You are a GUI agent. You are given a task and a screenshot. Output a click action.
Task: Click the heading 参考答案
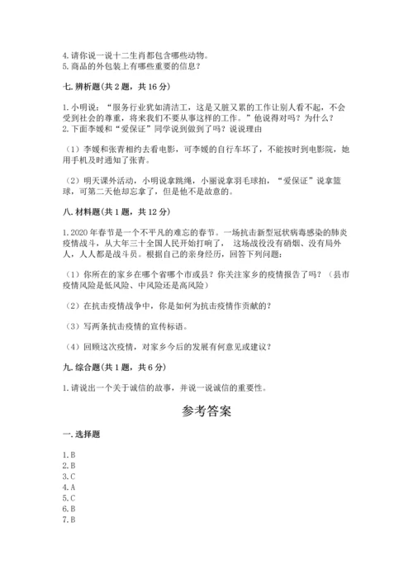coord(206,411)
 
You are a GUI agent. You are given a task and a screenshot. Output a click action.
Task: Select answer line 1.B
coord(69,455)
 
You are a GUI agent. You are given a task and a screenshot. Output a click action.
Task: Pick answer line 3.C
coord(69,477)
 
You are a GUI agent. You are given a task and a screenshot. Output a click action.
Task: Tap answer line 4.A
coord(69,487)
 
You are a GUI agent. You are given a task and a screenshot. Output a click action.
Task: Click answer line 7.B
coord(69,520)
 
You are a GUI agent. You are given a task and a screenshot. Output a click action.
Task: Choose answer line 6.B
coord(69,509)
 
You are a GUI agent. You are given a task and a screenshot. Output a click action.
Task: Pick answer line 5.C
coord(69,498)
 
